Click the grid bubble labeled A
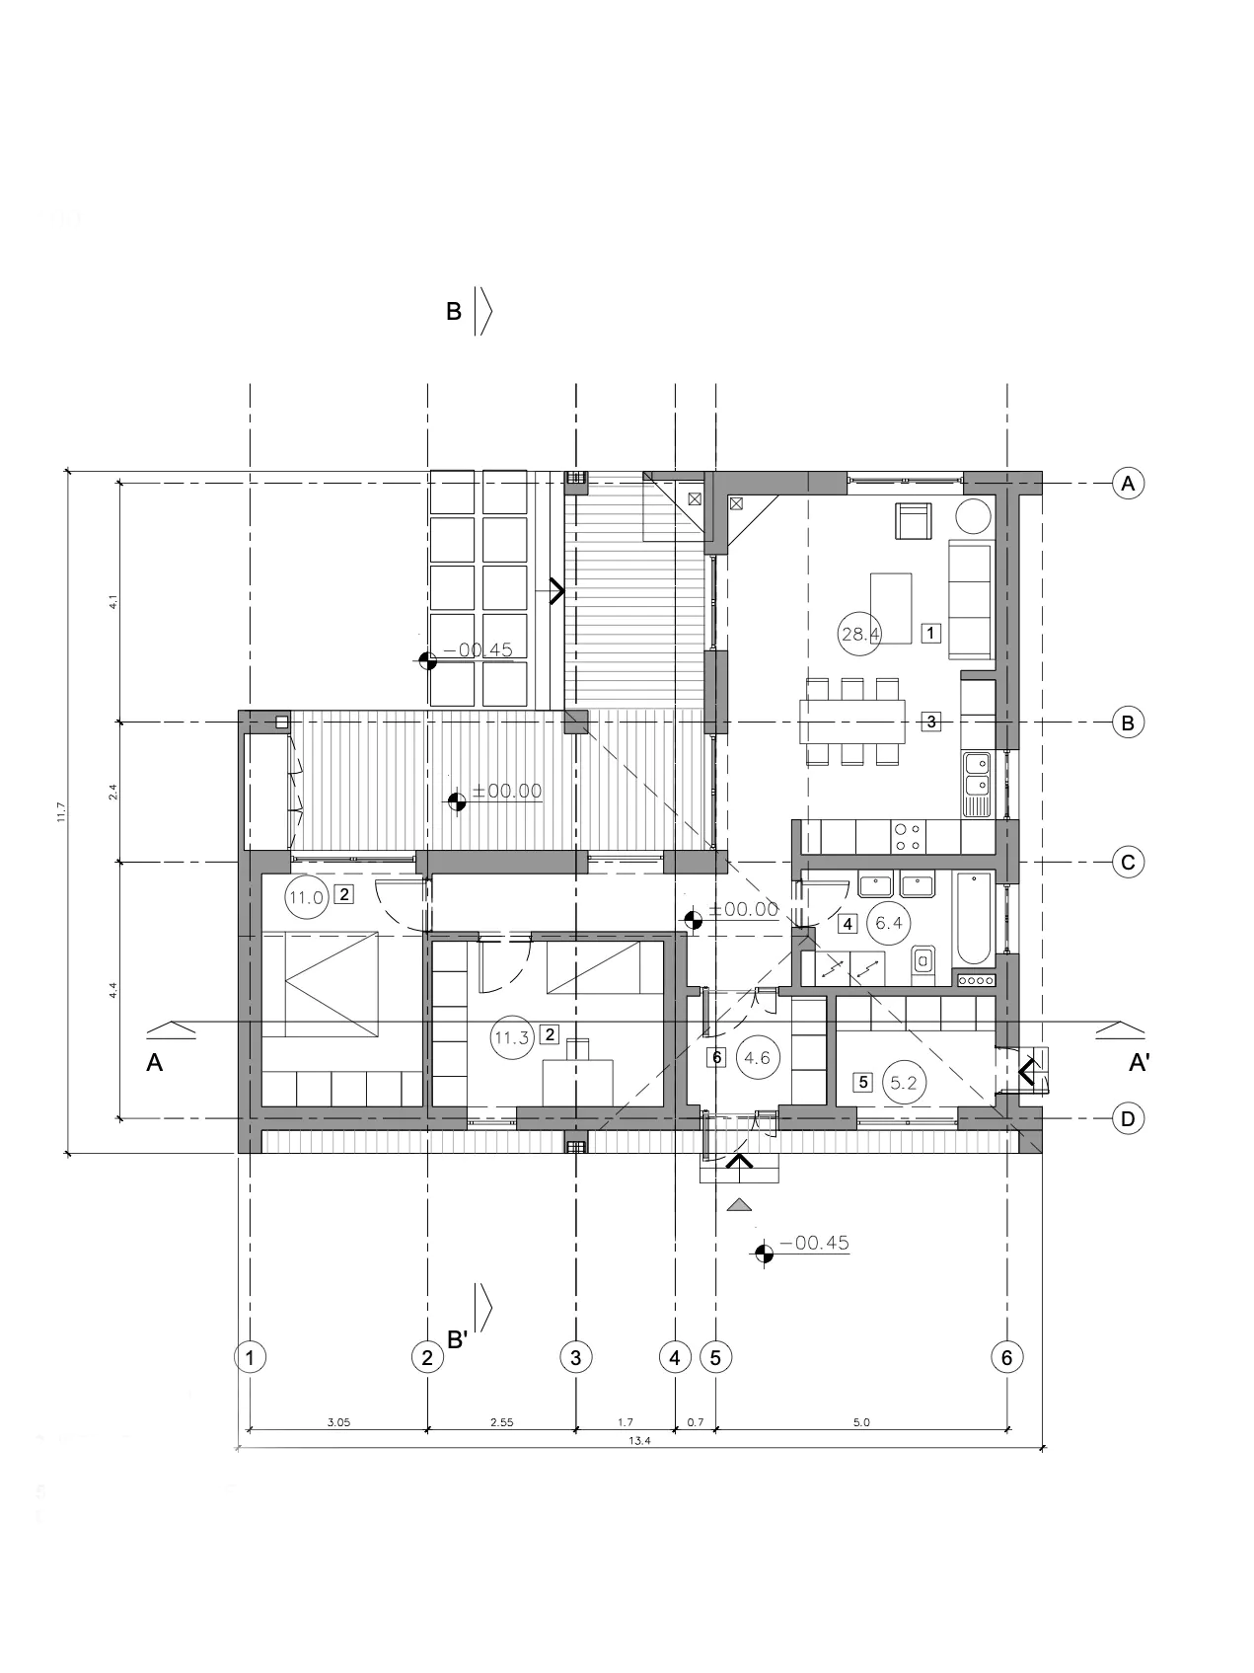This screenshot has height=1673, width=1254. point(1128,484)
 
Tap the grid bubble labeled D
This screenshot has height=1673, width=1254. point(1128,1118)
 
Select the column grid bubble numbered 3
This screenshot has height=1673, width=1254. point(575,1357)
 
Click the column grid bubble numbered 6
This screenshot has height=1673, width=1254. point(1006,1357)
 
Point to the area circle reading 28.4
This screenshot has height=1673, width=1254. point(859,634)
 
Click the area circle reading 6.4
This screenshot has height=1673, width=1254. point(889,924)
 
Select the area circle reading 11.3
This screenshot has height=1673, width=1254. point(512,1037)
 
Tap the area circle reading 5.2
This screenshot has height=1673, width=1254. point(903,1083)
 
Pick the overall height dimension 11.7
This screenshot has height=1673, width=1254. point(61,811)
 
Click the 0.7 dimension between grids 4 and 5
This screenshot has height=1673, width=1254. point(695,1422)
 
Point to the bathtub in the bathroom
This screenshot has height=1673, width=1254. point(973,918)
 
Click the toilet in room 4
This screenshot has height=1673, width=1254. point(923,960)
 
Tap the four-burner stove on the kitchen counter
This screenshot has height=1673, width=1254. point(908,837)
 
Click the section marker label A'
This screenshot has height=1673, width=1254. point(1139,1063)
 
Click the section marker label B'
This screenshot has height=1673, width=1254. point(457,1339)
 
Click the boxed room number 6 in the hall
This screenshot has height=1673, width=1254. point(717,1057)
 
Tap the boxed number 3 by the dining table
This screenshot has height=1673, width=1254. point(930,722)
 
